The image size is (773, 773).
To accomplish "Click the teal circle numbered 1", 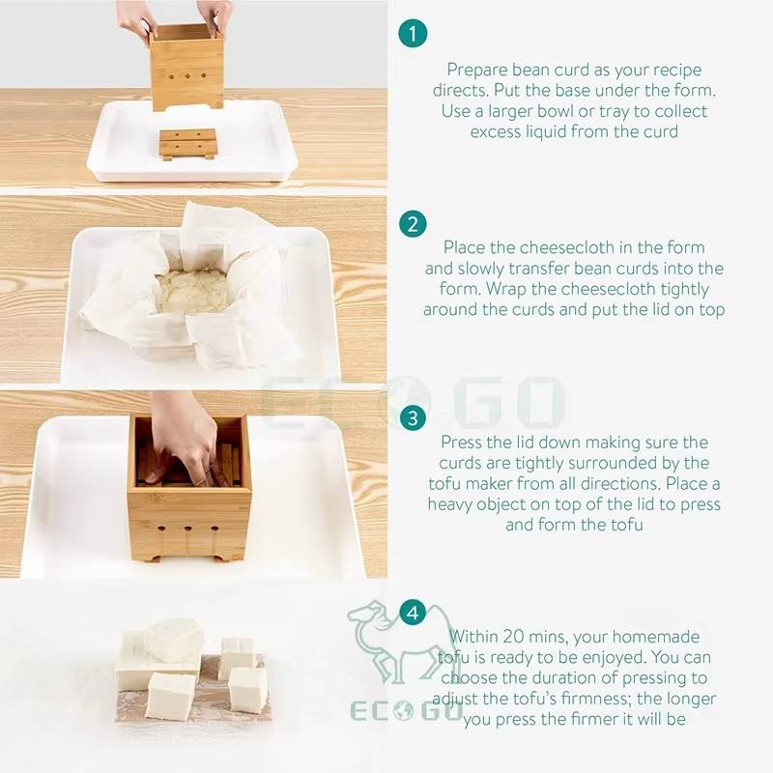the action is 413,34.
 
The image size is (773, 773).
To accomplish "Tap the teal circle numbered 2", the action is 413,224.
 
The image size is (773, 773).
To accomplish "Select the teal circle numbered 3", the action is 413,418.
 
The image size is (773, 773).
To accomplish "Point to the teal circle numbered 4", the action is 413,613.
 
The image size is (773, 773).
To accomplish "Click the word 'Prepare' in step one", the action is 477,70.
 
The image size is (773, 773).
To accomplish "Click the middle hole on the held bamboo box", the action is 187,77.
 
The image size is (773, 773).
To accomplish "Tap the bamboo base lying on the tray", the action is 188,143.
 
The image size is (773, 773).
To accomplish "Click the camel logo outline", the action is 389,641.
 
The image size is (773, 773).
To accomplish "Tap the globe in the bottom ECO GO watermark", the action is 405,711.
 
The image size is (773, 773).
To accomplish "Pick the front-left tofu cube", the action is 171,696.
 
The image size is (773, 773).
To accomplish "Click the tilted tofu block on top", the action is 174,639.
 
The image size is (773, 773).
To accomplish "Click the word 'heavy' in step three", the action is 449,504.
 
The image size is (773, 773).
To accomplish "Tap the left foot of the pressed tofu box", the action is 156,558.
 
